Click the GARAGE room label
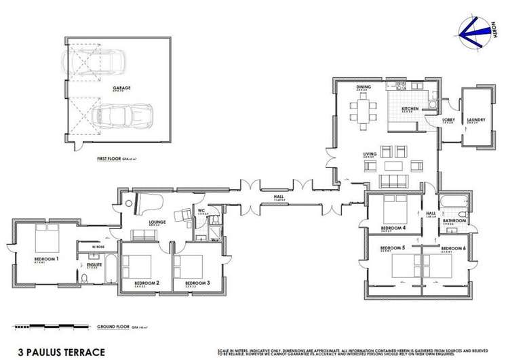[x=122, y=87]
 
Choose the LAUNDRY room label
[x=475, y=121]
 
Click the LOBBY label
[x=448, y=121]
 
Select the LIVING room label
[x=370, y=154]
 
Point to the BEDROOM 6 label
[x=452, y=249]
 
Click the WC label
[x=201, y=211]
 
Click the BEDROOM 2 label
[x=146, y=283]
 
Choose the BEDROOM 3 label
[x=197, y=283]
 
